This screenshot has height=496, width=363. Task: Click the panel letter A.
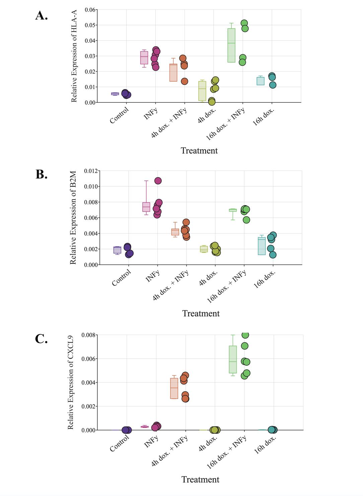[x=42, y=15]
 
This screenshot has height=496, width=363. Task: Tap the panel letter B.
[x=42, y=174]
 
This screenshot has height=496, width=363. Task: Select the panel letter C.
[x=42, y=339]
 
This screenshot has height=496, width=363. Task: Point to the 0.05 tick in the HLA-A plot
[x=90, y=25]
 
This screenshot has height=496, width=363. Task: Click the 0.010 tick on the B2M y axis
[x=91, y=186]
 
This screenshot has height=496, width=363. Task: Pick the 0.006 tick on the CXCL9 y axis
[x=88, y=359]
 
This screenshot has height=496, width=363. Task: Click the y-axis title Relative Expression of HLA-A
[x=74, y=56]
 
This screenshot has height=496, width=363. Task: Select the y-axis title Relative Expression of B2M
[x=73, y=218]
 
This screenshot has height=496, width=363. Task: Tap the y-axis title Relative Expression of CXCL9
[x=70, y=382]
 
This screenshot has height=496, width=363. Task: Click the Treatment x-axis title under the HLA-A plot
[x=199, y=151]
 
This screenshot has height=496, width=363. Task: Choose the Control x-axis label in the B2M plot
[x=121, y=278]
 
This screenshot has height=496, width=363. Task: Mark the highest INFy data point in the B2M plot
[x=158, y=181]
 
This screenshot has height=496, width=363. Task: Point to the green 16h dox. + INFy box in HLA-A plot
[x=231, y=45]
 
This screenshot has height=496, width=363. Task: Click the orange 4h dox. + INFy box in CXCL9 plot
[x=174, y=388]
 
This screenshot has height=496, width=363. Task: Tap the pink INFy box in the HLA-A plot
[x=144, y=58]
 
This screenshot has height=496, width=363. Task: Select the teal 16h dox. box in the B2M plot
[x=262, y=246]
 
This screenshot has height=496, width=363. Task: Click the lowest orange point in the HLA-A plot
[x=184, y=81]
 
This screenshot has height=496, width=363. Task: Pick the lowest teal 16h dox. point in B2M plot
[x=273, y=255]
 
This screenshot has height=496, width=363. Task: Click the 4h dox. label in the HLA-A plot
[x=207, y=116]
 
